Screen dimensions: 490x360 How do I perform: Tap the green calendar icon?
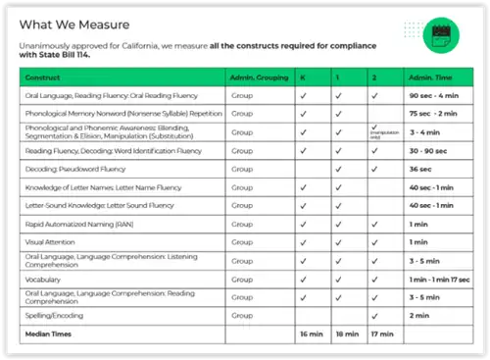click(x=437, y=35)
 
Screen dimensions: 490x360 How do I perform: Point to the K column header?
click(x=304, y=76)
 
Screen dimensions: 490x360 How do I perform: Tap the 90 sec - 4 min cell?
click(x=428, y=96)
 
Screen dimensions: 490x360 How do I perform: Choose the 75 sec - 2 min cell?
click(x=429, y=114)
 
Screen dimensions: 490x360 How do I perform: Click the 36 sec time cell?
click(x=418, y=168)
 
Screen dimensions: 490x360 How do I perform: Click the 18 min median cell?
click(x=346, y=334)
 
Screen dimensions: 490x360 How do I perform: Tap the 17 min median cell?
click(x=380, y=334)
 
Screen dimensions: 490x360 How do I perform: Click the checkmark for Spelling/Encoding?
click(x=374, y=315)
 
